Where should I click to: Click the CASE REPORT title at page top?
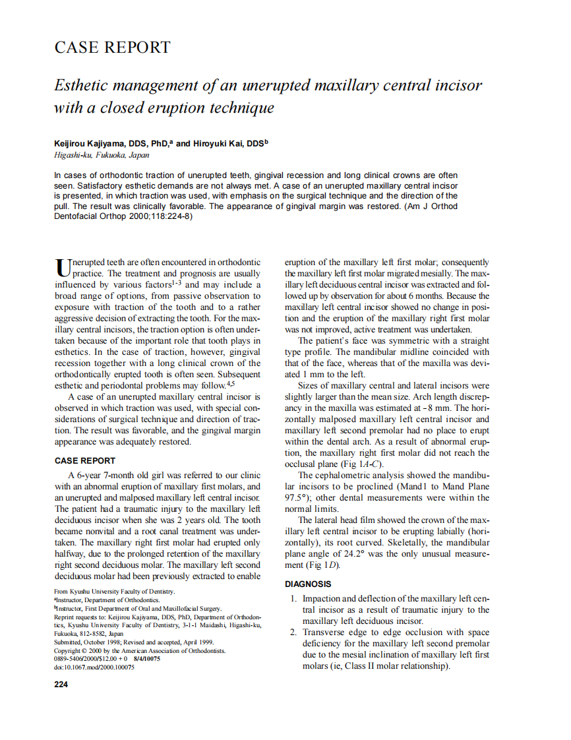112,47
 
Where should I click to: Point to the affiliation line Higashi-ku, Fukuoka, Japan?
102,156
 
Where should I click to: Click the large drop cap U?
61,266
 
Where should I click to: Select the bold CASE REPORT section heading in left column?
84,461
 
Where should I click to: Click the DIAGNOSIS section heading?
308,584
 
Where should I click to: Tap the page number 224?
61,684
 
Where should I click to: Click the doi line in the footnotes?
94,667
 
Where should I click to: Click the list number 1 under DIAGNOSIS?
294,599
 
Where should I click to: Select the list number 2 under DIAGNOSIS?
294,632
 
